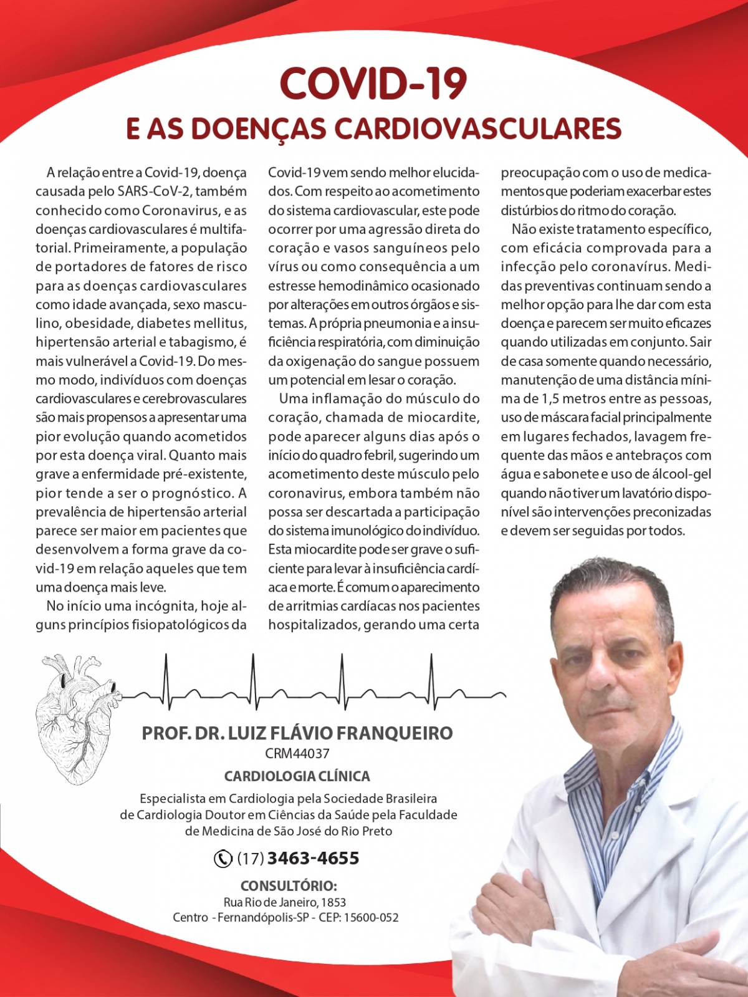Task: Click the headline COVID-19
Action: pyautogui.click(x=373, y=84)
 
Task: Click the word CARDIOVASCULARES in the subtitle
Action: pyautogui.click(x=478, y=129)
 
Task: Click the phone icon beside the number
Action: pyautogui.click(x=223, y=859)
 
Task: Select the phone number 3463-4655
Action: pyautogui.click(x=313, y=859)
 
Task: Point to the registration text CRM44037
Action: pyautogui.click(x=297, y=753)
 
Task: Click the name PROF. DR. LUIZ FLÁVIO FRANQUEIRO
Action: pyautogui.click(x=297, y=733)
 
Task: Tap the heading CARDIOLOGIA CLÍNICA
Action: pyautogui.click(x=297, y=776)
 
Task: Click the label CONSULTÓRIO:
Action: pyautogui.click(x=289, y=886)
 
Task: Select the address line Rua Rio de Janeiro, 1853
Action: pyautogui.click(x=285, y=902)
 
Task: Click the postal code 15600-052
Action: pyautogui.click(x=371, y=918)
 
